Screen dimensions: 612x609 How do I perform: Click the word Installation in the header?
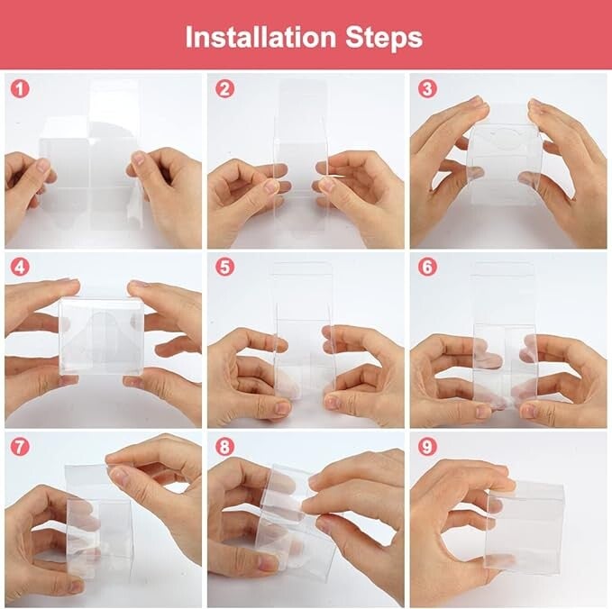[260, 38]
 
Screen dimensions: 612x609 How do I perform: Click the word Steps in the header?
[384, 38]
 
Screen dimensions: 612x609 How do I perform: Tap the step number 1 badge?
[20, 89]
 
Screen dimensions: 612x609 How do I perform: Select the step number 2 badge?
[224, 88]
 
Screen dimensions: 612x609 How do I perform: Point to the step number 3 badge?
[427, 88]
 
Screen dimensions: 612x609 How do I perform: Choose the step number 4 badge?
[20, 268]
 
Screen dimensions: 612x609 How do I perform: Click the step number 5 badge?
[224, 268]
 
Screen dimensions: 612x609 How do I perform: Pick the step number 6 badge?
[427, 268]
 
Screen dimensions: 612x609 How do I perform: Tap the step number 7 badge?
[20, 446]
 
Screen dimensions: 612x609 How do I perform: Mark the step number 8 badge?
[224, 446]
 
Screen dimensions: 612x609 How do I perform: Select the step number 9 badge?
[427, 446]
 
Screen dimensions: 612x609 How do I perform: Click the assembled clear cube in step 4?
[102, 336]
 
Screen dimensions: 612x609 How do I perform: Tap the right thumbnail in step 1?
[137, 158]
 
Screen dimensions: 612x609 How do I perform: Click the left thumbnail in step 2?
[271, 186]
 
